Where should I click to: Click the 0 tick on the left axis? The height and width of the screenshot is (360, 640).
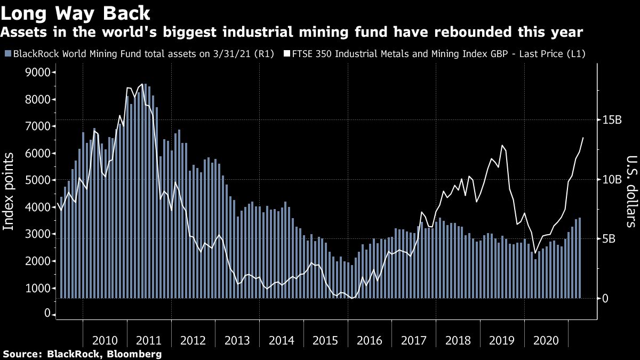pos(47,314)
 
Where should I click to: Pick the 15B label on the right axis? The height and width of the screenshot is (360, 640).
pos(611,120)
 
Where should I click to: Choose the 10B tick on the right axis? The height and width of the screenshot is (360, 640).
pos(611,179)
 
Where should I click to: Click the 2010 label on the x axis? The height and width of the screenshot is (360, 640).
pos(105,341)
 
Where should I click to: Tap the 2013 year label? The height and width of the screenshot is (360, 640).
pos(237,341)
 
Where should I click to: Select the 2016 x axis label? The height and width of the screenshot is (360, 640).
pos(370,341)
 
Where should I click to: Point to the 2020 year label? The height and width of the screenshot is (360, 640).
pos(546,341)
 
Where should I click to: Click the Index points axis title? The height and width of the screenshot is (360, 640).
pos(9,191)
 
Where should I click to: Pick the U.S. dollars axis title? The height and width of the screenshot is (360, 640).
pos(631,191)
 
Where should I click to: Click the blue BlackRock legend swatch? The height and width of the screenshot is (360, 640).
pos(7,54)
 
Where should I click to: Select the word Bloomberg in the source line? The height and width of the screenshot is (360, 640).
pos(135,354)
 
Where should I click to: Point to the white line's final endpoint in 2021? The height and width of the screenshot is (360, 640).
pos(583,138)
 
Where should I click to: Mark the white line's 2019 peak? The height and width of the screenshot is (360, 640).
pos(502,145)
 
